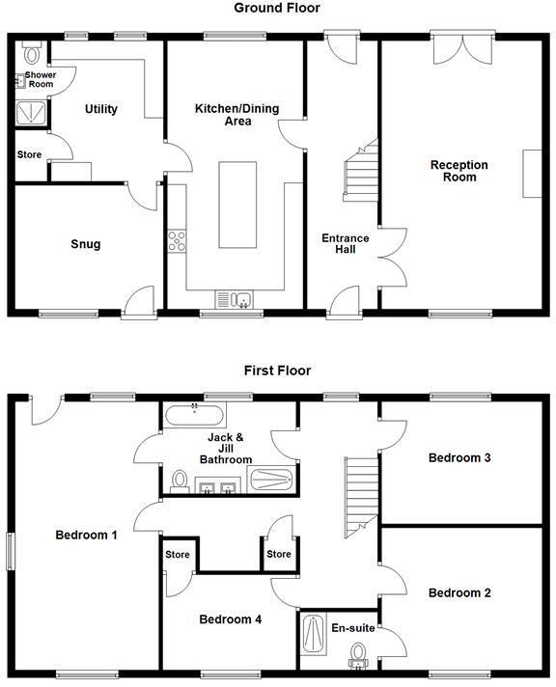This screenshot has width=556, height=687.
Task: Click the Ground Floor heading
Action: pos(277,8)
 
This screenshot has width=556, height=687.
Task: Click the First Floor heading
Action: pos(277,370)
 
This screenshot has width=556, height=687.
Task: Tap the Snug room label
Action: pos(86,244)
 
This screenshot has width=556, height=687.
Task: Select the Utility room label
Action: pos(100,109)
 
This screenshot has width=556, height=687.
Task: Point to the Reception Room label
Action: pos(459,171)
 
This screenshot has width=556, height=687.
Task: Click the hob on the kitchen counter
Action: pos(177,240)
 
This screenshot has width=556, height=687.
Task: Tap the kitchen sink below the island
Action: pos(235,298)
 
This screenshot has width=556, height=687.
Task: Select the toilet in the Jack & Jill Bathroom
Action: pos(179,481)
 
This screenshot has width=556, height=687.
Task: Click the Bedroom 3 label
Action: pos(460,457)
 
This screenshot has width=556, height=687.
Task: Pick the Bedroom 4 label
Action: pos(230,619)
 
